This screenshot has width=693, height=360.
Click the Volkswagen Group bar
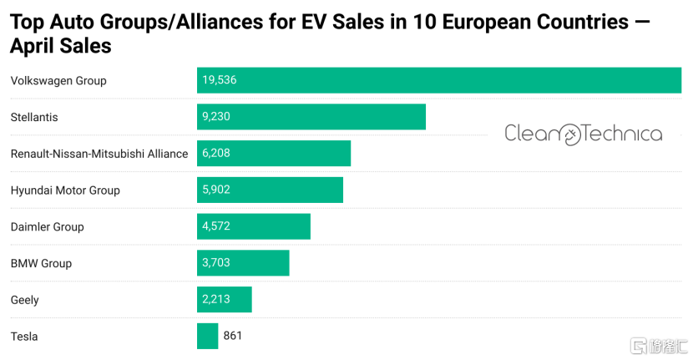coord(438,80)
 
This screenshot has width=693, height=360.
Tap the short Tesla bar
coord(207,336)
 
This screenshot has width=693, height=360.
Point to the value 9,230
coord(216,117)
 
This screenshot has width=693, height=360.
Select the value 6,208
coord(216,154)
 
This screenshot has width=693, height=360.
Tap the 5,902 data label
coord(216,190)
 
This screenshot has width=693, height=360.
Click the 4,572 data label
coord(216,226)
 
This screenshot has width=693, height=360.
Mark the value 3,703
coord(216,263)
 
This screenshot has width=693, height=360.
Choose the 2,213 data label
coord(216,299)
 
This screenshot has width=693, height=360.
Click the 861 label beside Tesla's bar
coord(233,336)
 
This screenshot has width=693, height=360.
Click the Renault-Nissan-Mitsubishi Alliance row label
coord(99,154)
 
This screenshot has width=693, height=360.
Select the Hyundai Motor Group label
coord(65,190)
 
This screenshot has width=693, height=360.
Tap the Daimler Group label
coord(48,226)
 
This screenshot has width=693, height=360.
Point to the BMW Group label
coord(42,263)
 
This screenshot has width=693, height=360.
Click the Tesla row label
coord(24,336)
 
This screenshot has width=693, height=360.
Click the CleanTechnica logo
coord(583,134)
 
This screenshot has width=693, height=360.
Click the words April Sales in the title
coord(61,47)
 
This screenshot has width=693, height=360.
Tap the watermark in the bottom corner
coord(660,346)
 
